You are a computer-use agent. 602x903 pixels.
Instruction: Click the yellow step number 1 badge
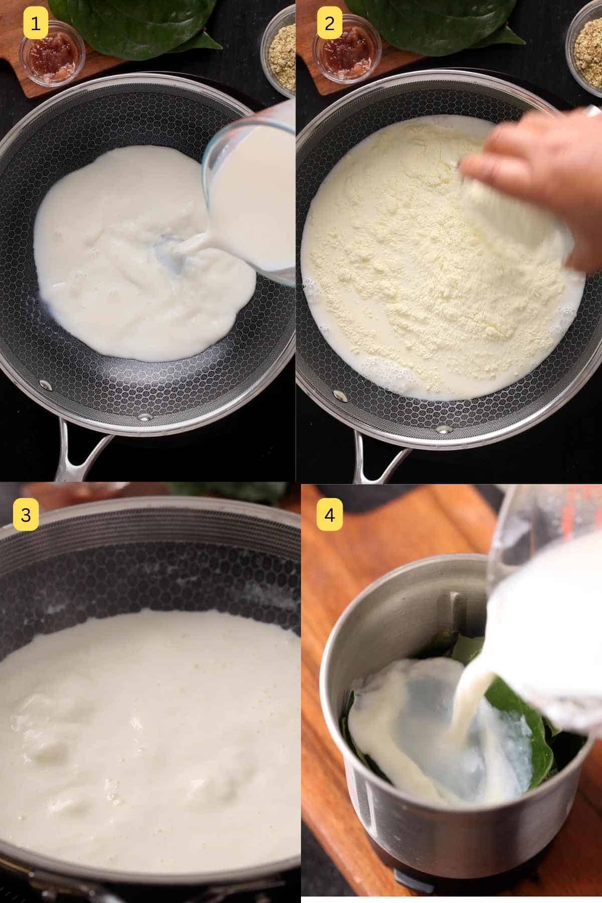tap(36, 23)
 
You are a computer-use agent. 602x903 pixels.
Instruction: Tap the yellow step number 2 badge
tap(329, 23)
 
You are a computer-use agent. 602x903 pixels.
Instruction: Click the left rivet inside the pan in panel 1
tap(45, 385)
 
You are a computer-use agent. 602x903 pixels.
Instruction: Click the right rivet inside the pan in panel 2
tap(444, 429)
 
